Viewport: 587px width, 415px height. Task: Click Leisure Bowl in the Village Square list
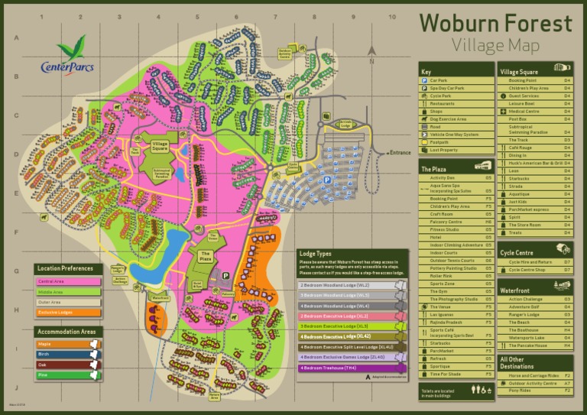coord(521,103)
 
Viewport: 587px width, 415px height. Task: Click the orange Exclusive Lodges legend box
coord(68,313)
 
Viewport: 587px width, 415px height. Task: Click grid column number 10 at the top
coord(392,17)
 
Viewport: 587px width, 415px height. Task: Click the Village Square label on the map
coord(160,145)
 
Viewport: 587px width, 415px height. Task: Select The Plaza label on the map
coord(206,256)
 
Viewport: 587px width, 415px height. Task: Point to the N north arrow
coord(371,51)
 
